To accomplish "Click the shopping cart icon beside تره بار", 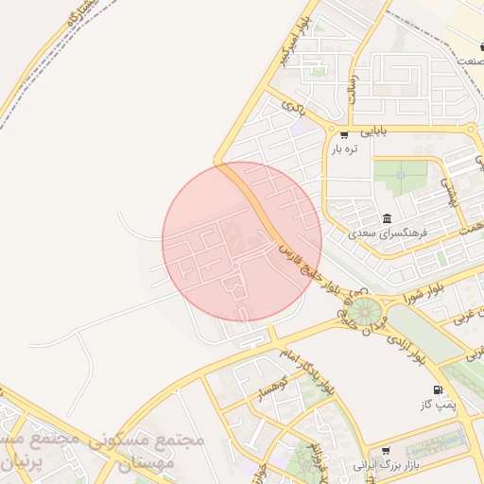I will click(x=343, y=134).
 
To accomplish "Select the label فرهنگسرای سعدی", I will click(x=388, y=233).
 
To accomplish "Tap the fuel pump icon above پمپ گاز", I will click(x=437, y=390).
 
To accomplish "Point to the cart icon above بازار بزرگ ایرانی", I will click(x=385, y=451).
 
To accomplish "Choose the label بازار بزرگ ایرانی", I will click(x=385, y=466).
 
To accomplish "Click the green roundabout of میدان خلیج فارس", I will click(x=360, y=309).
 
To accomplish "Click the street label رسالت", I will click(x=352, y=88).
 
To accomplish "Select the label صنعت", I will click(x=469, y=60).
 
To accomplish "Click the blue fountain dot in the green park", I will click(x=400, y=175).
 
